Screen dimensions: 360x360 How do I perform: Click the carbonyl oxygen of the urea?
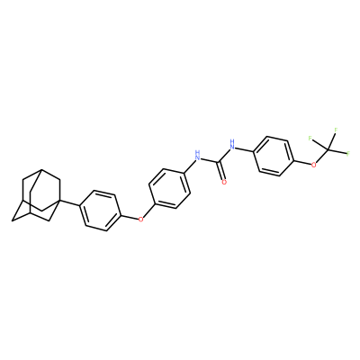click(223, 182)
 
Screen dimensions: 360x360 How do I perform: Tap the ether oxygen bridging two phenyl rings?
click(140, 220)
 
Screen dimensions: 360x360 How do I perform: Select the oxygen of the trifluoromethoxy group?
click(314, 165)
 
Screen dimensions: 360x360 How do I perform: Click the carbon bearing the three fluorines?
click(328, 149)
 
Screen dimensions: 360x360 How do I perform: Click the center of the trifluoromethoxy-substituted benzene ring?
click(273, 157)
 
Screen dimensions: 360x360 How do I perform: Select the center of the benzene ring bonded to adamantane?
click(100, 211)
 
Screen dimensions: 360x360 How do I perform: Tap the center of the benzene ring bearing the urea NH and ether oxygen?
click(170, 188)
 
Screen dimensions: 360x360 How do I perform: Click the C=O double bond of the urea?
click(220, 171)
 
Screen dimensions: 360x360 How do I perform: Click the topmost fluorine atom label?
click(336, 130)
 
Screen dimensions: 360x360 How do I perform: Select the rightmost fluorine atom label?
click(348, 154)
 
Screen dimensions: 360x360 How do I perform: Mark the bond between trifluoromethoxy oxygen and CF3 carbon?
click(321, 156)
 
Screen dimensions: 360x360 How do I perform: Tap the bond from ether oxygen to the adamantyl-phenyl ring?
click(130, 217)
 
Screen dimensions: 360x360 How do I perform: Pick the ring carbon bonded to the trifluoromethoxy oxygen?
click(292, 162)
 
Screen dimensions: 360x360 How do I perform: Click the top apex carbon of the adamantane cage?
click(41, 169)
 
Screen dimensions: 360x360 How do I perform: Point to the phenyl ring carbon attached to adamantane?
click(80, 206)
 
